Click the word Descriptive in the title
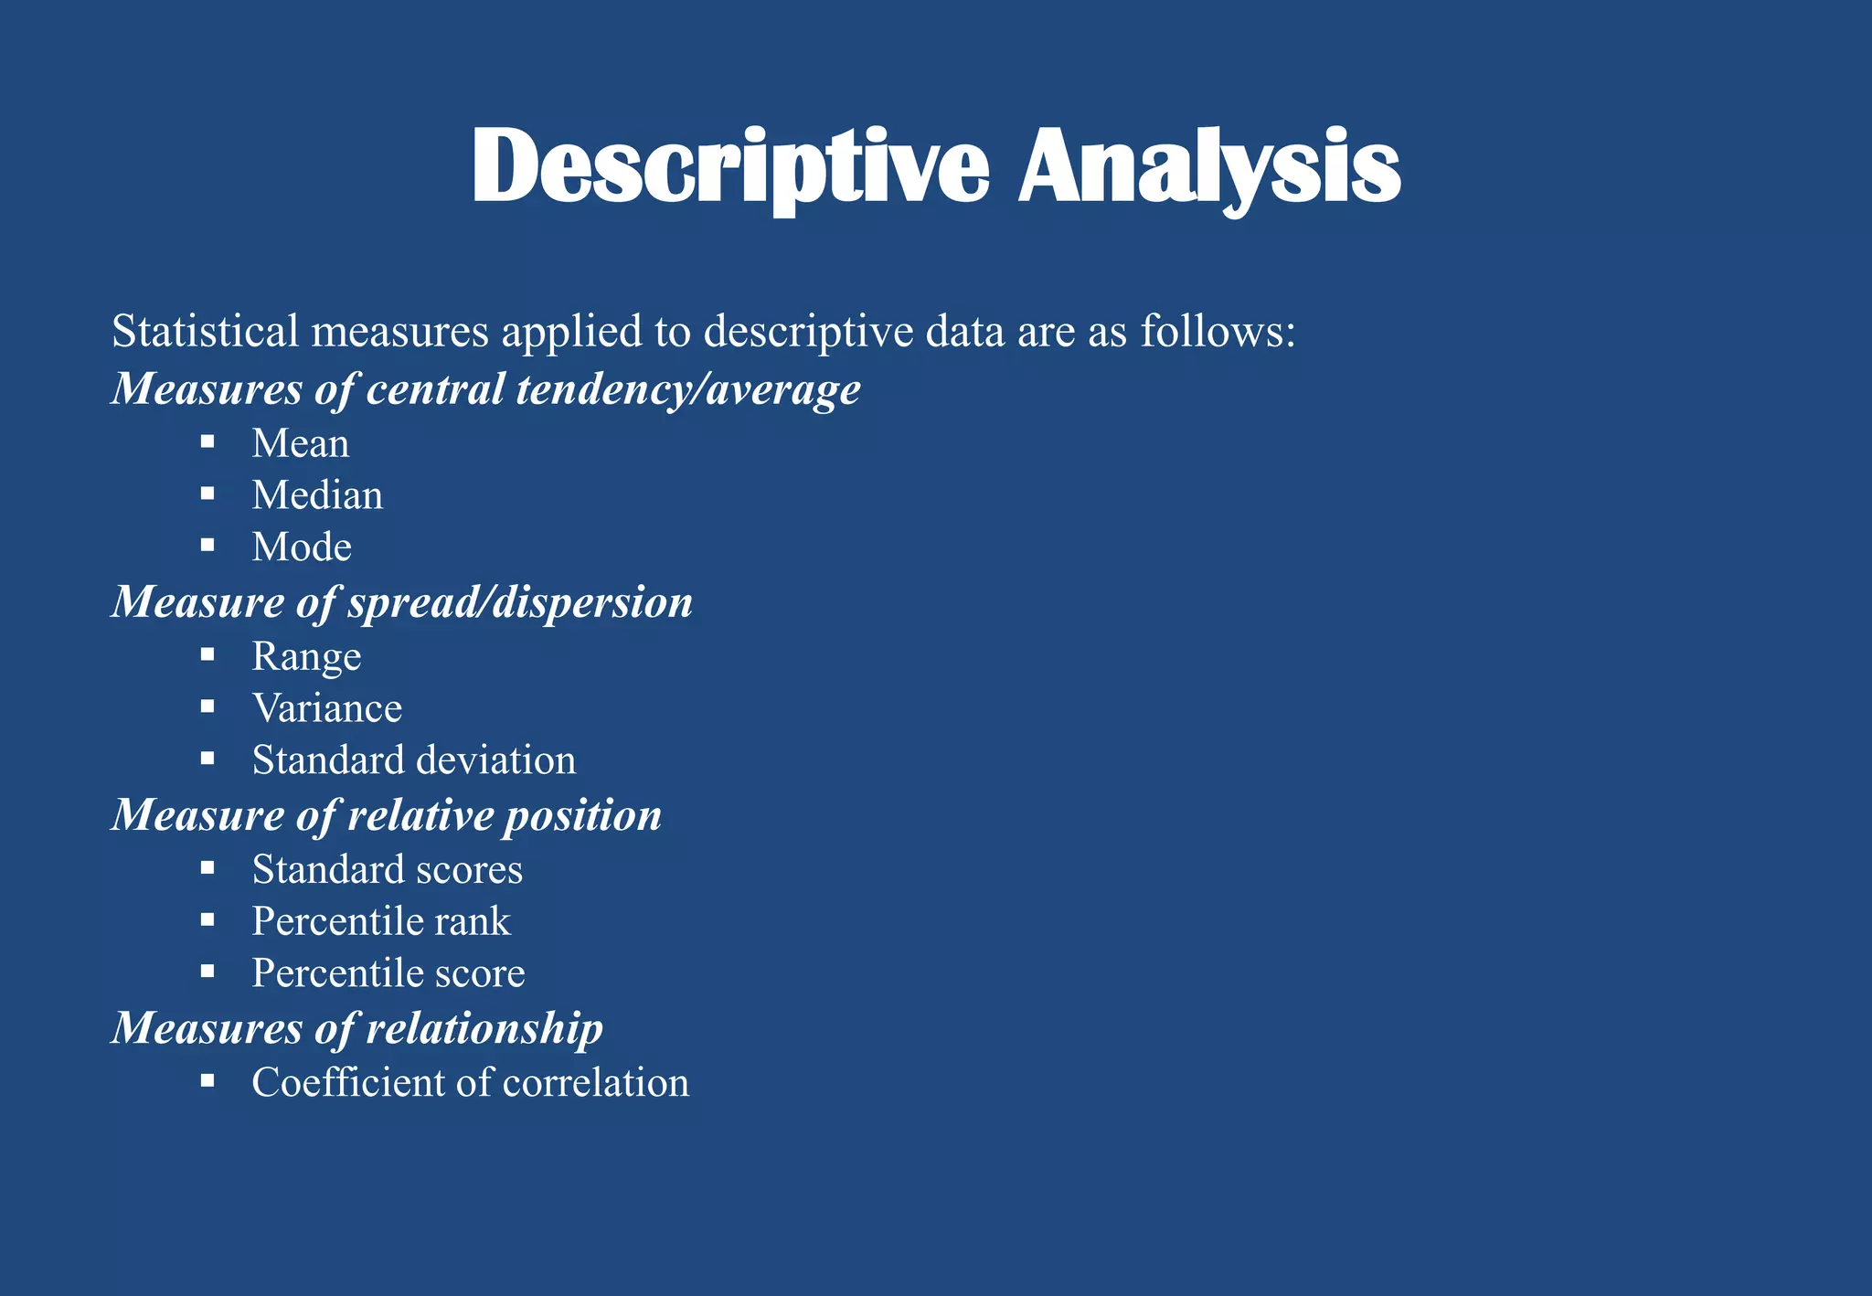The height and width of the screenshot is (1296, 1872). [x=729, y=168]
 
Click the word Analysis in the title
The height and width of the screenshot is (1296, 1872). [x=1208, y=168]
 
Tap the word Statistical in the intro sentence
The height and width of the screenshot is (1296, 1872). [x=205, y=331]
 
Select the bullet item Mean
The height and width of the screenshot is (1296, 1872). [x=300, y=444]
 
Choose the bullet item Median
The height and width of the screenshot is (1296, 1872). [x=317, y=495]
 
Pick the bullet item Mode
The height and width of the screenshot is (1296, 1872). [x=302, y=547]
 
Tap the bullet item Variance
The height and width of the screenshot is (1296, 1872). [x=326, y=708]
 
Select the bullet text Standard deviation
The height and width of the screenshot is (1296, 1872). [x=413, y=760]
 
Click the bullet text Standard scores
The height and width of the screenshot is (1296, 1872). [x=387, y=869]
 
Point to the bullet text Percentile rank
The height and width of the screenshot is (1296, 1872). [x=380, y=921]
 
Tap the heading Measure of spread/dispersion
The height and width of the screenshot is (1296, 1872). [x=401, y=602]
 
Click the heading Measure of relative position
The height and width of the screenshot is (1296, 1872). [x=386, y=815]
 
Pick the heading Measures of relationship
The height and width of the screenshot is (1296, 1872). [x=356, y=1028]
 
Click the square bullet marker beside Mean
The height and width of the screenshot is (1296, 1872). [x=207, y=442]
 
